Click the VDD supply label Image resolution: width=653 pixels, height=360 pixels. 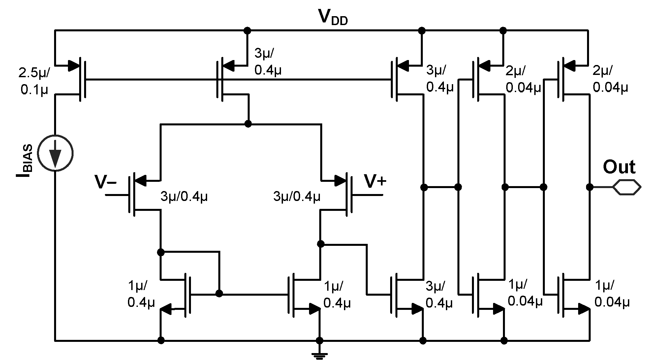click(333, 17)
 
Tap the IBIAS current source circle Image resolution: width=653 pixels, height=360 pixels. click(55, 153)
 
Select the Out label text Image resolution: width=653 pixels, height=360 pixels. click(619, 167)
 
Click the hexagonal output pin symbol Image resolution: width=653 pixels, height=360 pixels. click(627, 187)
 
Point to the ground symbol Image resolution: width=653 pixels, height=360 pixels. click(319, 355)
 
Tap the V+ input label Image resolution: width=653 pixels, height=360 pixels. click(375, 181)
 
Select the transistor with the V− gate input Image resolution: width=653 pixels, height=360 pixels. click(139, 195)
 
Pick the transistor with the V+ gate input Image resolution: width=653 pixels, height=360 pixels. click(343, 195)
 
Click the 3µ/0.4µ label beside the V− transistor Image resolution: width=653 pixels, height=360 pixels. click(184, 197)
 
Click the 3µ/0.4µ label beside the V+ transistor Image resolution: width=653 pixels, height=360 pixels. click(296, 197)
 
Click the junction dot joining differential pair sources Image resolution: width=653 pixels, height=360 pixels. click(248, 124)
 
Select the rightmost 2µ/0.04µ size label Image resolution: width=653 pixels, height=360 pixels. click(610, 79)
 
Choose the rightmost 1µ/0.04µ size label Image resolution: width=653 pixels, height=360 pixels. click(611, 294)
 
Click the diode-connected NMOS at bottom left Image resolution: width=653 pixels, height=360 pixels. click(180, 294)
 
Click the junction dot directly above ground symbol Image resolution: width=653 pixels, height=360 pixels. click(319, 340)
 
